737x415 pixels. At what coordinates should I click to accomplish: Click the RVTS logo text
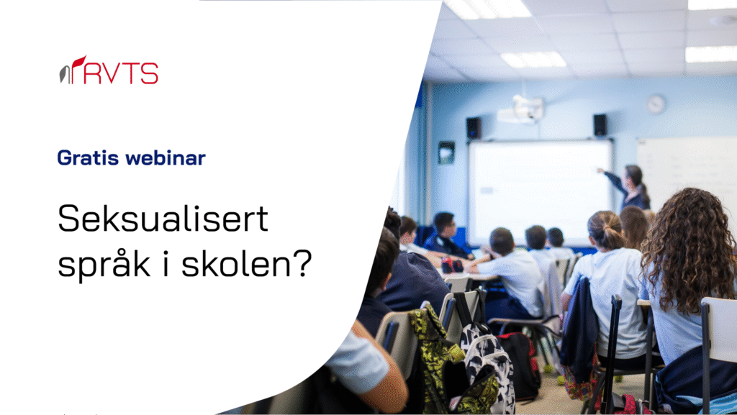pos(122,73)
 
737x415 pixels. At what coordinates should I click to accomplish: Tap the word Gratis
pos(88,158)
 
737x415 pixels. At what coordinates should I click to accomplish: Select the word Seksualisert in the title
pos(163,219)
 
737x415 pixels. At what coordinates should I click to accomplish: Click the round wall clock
pos(656,104)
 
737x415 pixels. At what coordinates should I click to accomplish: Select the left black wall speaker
pos(474,128)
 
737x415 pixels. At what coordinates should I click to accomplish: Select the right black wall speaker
pos(600,125)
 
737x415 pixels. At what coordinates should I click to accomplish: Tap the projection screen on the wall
pos(540,193)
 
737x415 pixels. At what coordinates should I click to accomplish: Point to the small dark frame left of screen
pos(446,152)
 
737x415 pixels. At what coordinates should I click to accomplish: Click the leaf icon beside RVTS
pos(72,70)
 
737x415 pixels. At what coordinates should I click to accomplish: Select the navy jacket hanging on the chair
pos(579,328)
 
